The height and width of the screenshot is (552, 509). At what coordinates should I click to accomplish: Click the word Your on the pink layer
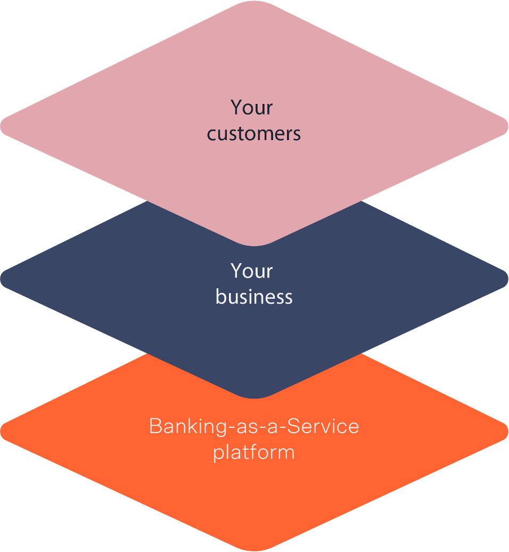tap(252, 108)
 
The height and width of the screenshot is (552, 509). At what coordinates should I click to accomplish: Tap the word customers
tap(254, 134)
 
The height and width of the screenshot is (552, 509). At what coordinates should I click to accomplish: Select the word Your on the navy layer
tap(252, 272)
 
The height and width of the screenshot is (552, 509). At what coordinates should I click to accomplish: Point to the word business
tap(254, 297)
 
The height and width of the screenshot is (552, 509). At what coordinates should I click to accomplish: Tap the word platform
tap(254, 453)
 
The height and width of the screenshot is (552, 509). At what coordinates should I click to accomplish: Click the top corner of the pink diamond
tap(254, 3)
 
